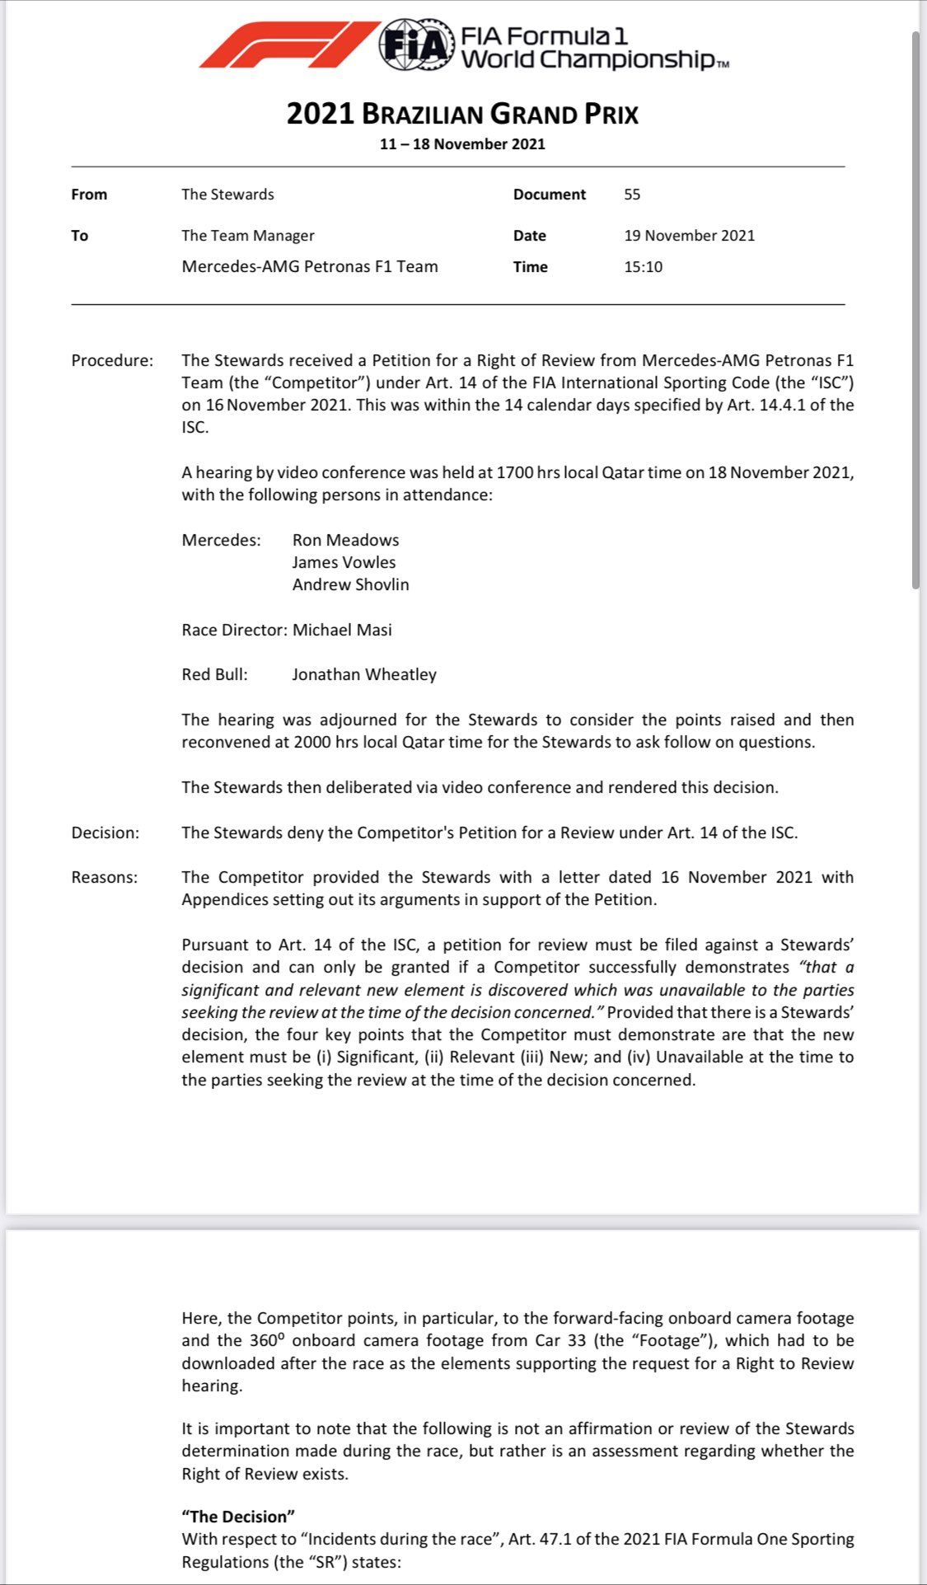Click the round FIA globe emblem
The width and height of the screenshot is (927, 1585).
point(417,45)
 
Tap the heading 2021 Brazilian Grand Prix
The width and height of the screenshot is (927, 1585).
point(462,114)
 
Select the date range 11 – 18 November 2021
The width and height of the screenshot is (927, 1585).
point(462,144)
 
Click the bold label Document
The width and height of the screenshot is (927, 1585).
point(549,195)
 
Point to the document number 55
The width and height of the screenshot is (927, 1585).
point(632,195)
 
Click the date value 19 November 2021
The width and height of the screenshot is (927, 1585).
point(689,236)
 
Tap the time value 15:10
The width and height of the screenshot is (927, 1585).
point(643,267)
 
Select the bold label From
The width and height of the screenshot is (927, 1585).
point(89,195)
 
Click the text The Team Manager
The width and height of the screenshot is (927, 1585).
point(248,236)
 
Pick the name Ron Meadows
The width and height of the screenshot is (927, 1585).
point(345,540)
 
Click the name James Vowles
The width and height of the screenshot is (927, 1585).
point(344,562)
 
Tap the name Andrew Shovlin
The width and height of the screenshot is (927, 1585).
point(350,584)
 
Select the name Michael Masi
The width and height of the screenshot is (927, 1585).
point(342,630)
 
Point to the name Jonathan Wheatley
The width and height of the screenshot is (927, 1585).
point(364,674)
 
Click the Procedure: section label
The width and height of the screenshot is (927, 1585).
point(112,360)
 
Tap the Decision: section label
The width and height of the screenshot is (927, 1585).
point(105,832)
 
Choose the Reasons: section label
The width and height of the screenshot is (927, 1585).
point(105,877)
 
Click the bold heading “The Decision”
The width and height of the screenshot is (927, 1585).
point(238,1517)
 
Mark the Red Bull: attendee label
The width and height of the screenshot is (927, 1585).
point(214,674)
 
